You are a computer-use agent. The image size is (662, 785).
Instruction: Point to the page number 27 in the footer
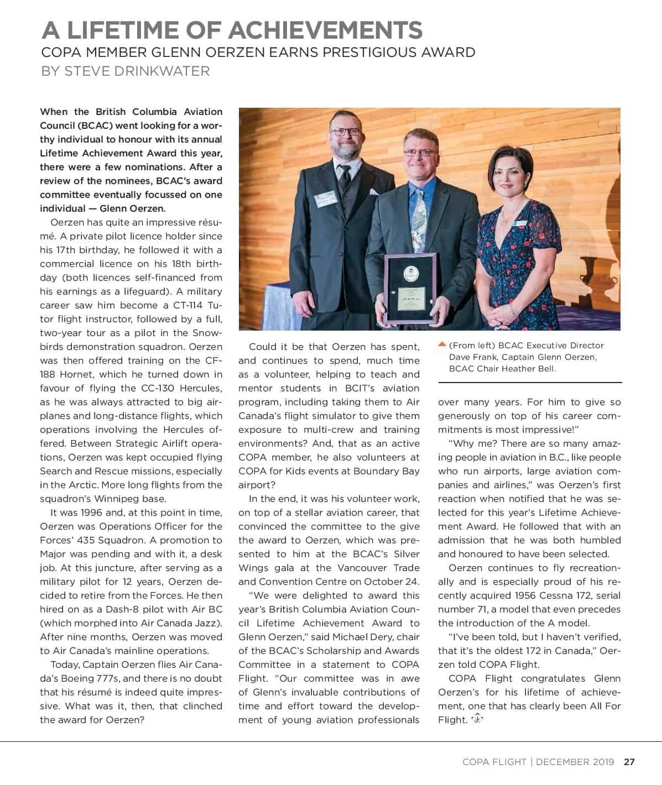click(629, 762)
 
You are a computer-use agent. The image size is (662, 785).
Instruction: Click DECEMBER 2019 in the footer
click(575, 762)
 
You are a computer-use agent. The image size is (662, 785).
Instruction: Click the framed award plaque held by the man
click(410, 287)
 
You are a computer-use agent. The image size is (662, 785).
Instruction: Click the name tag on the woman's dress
click(520, 223)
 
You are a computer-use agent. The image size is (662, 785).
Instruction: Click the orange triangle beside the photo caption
click(442, 345)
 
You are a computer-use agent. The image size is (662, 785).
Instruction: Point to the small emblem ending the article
click(477, 719)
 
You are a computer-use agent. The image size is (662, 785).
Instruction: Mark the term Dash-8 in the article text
click(94, 609)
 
